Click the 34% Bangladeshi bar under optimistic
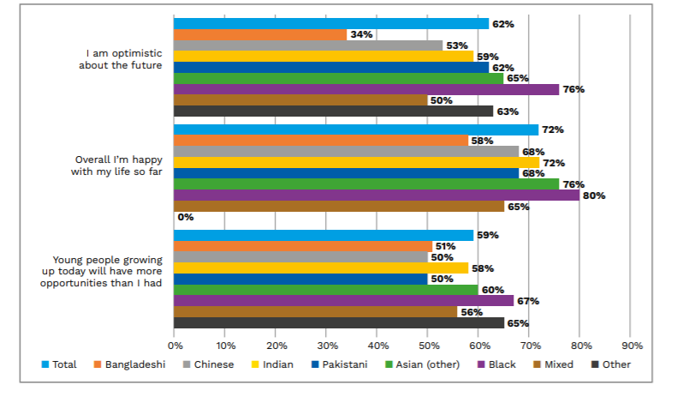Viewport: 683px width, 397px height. pyautogui.click(x=260, y=35)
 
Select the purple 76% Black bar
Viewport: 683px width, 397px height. pyautogui.click(x=366, y=89)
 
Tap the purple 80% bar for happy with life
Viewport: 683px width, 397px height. pyautogui.click(x=377, y=195)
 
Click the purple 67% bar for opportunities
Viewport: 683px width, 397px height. pyautogui.click(x=343, y=301)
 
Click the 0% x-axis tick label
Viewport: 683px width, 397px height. pyautogui.click(x=175, y=346)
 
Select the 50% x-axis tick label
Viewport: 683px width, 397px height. pyautogui.click(x=429, y=346)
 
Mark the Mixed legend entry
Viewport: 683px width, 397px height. pyautogui.click(x=554, y=364)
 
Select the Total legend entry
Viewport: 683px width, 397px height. pyautogui.click(x=59, y=364)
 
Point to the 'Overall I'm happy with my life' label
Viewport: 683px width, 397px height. pyautogui.click(x=116, y=165)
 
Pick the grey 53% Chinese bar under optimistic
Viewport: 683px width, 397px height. pyautogui.click(x=308, y=45)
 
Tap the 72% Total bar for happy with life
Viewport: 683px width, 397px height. pyautogui.click(x=356, y=130)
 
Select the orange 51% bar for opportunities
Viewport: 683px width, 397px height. pyautogui.click(x=303, y=246)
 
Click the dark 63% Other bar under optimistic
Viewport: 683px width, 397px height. pyautogui.click(x=334, y=111)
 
